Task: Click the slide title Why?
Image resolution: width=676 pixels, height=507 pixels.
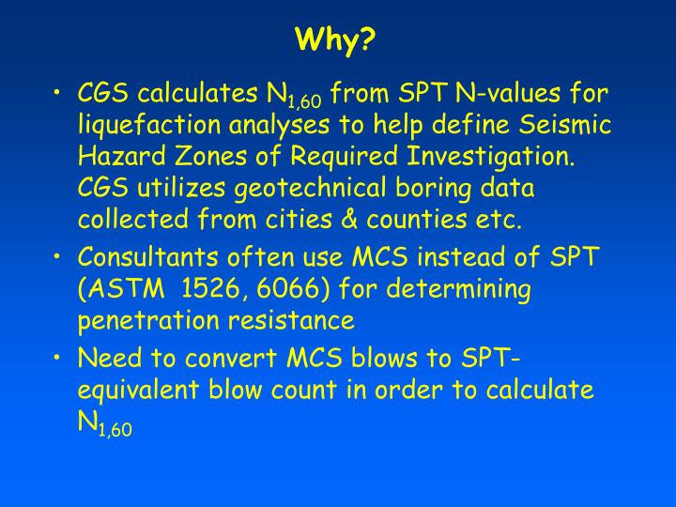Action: coord(336,40)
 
